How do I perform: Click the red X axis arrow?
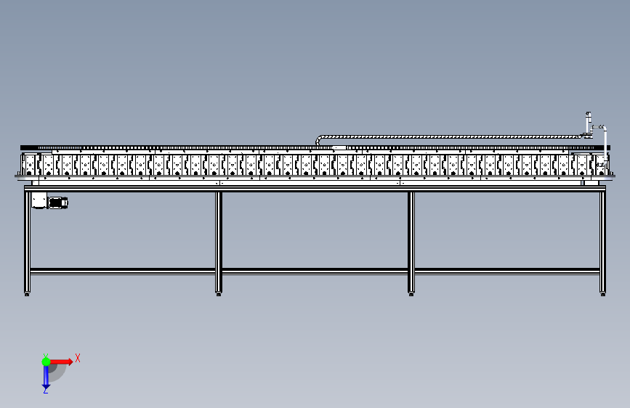coord(61,361)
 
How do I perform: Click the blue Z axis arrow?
coord(46,376)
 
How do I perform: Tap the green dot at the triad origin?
coord(46,361)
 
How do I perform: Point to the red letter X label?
coord(78,358)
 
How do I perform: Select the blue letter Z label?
coord(46,391)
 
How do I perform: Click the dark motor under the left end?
coord(58,202)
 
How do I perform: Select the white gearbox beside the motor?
coord(39,200)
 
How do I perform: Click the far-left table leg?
coord(28,240)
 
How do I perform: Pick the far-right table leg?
coord(602,240)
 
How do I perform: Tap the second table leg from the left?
coord(219,240)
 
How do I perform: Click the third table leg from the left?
coord(411,240)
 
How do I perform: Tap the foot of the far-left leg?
coord(28,293)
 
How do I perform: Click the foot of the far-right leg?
coord(602,293)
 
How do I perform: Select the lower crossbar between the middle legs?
coord(315,271)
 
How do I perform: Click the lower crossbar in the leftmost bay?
coord(124,271)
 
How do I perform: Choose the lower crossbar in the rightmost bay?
coord(506,271)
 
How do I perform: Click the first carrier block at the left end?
coord(31,165)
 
